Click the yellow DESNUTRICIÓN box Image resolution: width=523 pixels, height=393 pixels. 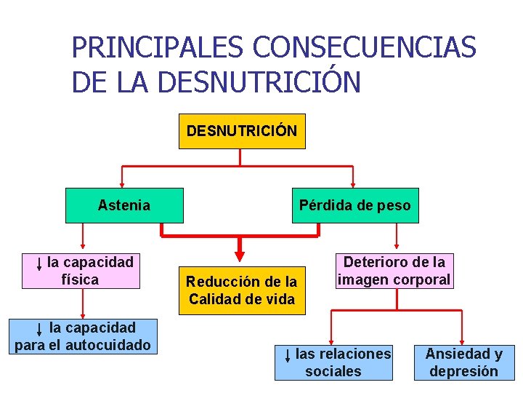pos(242,131)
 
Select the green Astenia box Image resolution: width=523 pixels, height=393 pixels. pos(123,205)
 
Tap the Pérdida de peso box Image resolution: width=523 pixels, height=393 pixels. pos(354,205)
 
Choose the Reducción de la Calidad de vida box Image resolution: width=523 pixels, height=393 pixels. pos(241,290)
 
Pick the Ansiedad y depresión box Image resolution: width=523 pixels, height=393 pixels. pos(463,362)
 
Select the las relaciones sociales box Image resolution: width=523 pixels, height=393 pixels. pos(333,362)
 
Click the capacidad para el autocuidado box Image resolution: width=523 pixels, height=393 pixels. pos(83,336)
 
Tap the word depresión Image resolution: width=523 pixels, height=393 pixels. pos(463,371)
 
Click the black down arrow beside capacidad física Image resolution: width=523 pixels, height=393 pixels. pos(38,263)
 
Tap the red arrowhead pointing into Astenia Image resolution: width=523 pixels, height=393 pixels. pos(122,183)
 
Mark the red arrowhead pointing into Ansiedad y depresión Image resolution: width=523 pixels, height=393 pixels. pos(463,340)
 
